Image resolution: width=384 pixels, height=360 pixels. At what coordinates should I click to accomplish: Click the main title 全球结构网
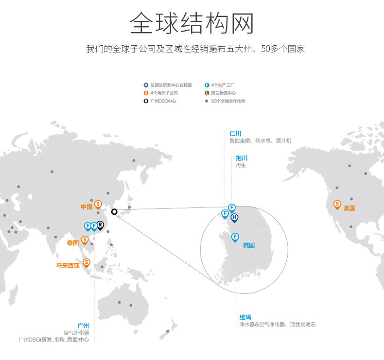pos(192,23)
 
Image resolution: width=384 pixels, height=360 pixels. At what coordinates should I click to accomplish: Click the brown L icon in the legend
pos(207,93)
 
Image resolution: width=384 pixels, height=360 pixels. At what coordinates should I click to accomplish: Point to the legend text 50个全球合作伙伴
pos(228,101)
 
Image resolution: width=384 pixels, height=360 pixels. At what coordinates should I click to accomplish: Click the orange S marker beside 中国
pos(98,204)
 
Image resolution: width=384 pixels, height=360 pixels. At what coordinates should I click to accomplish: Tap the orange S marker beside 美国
pos(337,204)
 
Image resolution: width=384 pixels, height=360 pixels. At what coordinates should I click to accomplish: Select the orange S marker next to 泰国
pos(85,240)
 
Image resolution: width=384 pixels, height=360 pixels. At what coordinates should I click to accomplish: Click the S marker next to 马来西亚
pos(87,262)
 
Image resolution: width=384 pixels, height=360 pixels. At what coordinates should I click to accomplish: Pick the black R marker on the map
pos(100,225)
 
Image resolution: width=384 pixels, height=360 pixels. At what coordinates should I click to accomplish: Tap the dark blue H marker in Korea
pos(234,217)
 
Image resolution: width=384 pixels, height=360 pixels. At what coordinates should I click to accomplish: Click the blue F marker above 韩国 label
pos(235,237)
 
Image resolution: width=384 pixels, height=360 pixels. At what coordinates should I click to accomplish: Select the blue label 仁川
pos(235,134)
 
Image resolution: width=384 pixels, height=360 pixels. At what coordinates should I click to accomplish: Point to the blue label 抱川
pos(242,158)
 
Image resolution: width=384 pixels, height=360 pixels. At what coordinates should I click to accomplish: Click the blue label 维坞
pos(245,317)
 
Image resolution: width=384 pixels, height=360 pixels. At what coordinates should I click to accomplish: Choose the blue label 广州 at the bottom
pos(83,326)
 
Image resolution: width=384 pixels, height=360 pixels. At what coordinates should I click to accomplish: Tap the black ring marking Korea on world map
pos(114,211)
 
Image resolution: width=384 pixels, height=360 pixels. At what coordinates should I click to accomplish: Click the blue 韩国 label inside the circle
pos(249,246)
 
